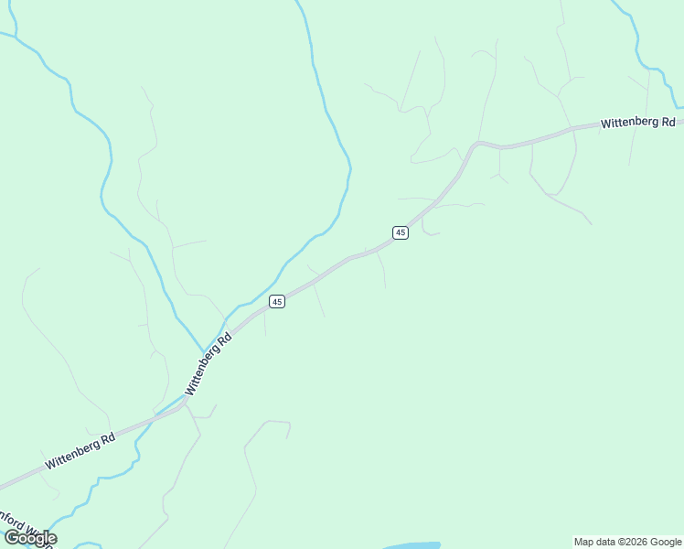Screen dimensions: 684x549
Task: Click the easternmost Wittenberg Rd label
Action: (x=637, y=123)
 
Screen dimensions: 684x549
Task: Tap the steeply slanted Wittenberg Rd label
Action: (x=208, y=364)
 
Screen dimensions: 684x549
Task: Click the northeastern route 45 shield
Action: (x=401, y=232)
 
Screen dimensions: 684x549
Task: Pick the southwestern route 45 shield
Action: (x=277, y=301)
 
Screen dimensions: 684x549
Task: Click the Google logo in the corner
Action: (x=30, y=538)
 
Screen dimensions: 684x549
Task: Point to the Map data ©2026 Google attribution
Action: (x=628, y=542)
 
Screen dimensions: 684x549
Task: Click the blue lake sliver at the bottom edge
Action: (x=411, y=545)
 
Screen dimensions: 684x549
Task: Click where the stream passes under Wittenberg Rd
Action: (x=165, y=414)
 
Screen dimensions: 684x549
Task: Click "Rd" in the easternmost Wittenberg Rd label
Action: (x=668, y=120)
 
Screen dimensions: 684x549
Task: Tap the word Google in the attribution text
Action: (x=666, y=542)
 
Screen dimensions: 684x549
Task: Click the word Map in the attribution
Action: (x=585, y=542)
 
